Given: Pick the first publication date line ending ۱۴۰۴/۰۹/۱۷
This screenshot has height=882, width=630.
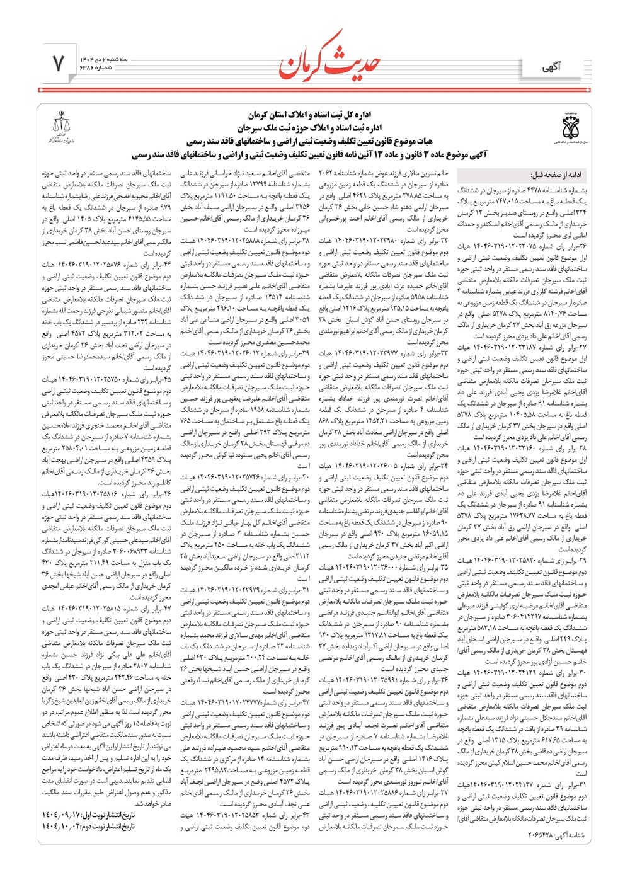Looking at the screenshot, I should pyautogui.click(x=88, y=815).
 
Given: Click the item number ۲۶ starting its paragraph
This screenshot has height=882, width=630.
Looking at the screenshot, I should pyautogui.click(x=582, y=246).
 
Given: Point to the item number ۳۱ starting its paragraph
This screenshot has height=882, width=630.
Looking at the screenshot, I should pyautogui.click(x=582, y=784).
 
